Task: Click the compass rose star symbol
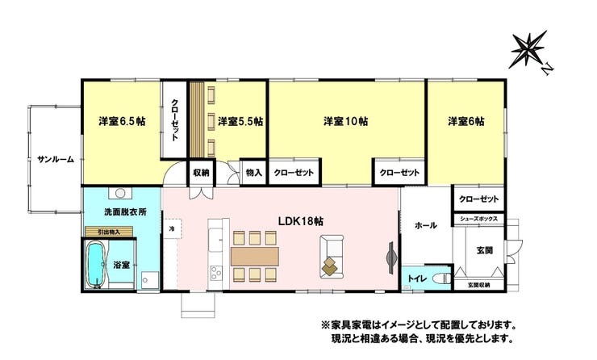click(529, 49)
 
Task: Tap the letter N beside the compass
click(547, 69)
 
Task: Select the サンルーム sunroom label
click(56, 160)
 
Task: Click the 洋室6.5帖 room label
click(122, 122)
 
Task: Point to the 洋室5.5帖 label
click(240, 122)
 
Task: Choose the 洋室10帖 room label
click(346, 122)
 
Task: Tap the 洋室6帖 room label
click(466, 122)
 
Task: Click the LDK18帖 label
click(301, 221)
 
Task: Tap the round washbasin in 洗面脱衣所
click(120, 193)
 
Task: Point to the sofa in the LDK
click(332, 257)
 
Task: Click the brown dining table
click(255, 257)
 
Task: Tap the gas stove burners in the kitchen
click(216, 273)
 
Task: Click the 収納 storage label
click(201, 173)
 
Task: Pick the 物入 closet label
click(254, 173)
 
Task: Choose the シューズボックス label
click(478, 219)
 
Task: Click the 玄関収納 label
click(478, 285)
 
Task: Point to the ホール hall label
click(426, 225)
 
